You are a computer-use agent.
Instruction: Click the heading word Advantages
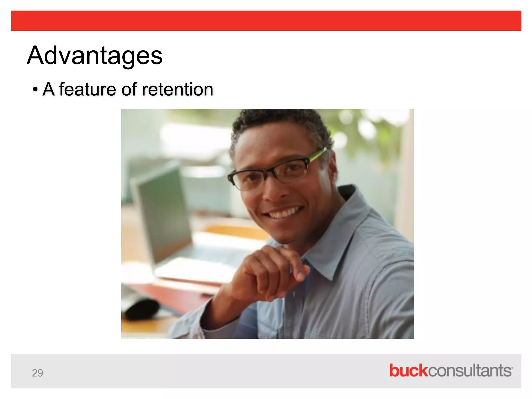tap(95, 56)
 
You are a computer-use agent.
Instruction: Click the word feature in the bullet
tap(87, 89)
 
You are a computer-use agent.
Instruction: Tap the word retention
tap(177, 89)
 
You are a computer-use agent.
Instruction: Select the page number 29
tap(37, 373)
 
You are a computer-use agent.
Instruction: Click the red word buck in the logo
tap(408, 370)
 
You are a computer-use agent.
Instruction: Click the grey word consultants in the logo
tap(470, 370)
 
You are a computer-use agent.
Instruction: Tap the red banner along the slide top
tap(266, 21)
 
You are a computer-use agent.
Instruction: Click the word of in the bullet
tap(129, 89)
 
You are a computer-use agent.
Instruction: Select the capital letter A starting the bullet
tap(49, 89)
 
